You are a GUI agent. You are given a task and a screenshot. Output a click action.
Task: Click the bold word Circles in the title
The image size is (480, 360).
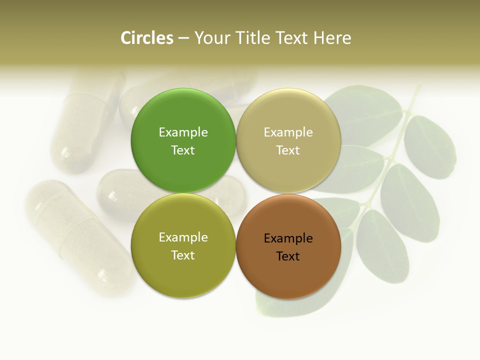[147, 38]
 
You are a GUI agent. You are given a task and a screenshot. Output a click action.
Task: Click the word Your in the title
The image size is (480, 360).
[212, 38]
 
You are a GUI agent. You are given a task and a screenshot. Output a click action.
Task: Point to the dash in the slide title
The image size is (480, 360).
[183, 38]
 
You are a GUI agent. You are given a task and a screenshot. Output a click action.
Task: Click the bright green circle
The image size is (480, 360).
[183, 110]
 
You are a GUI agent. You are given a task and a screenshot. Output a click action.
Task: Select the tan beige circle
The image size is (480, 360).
[288, 110]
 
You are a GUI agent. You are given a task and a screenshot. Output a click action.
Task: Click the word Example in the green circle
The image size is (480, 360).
[183, 132]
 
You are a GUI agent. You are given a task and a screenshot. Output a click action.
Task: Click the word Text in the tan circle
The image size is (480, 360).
[288, 150]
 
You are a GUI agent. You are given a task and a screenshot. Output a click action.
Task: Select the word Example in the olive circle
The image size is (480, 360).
[183, 237]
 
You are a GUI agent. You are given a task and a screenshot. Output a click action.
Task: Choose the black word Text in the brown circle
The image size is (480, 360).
[288, 256]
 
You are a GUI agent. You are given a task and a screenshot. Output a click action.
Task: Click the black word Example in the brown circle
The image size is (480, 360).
[288, 238]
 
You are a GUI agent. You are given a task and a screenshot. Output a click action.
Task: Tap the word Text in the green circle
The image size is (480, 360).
[183, 150]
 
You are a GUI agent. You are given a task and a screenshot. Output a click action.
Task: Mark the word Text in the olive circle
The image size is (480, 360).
[183, 255]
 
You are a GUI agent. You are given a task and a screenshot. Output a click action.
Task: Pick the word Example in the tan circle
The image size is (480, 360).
[288, 132]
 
